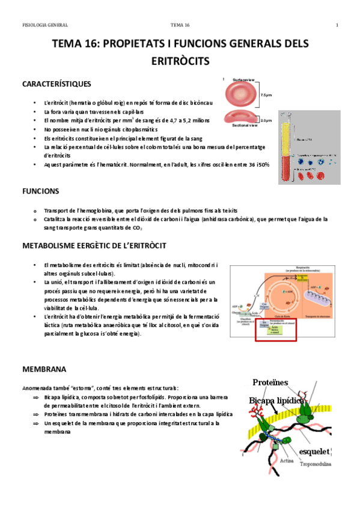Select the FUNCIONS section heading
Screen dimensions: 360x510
point(40,191)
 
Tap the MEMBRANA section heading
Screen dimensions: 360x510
point(44,369)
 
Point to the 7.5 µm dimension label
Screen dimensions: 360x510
point(266,94)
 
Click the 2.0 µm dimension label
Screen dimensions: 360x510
point(267,120)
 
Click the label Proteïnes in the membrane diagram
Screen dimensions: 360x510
point(270,382)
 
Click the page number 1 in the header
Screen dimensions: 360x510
point(337,25)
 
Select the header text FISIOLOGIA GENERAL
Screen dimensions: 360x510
point(45,25)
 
